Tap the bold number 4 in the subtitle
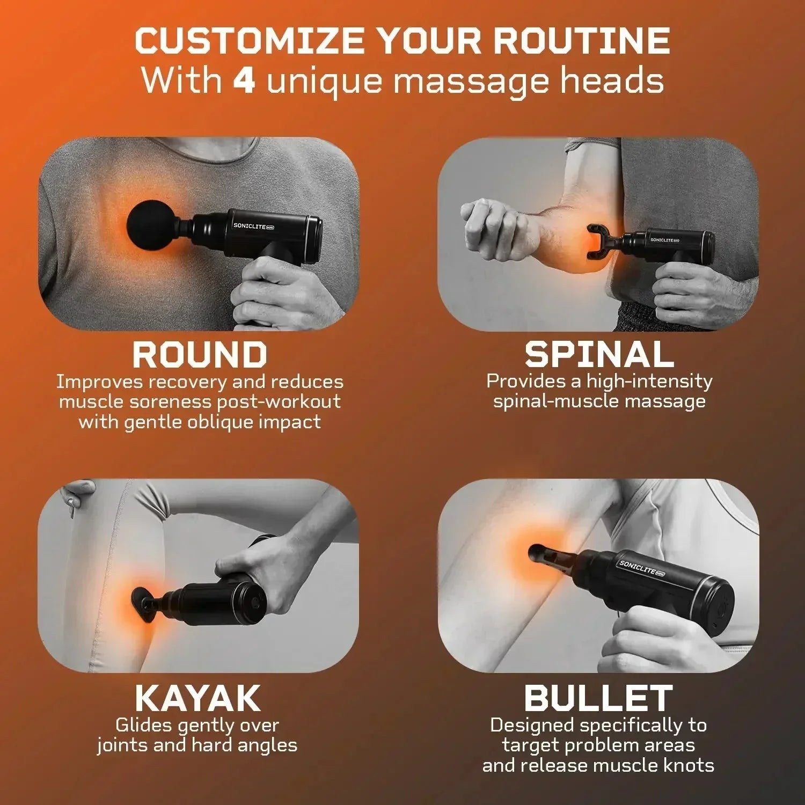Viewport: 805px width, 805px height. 244,81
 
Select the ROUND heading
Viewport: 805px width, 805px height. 200,355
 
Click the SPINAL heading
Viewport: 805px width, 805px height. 599,355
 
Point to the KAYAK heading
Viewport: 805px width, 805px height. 197,698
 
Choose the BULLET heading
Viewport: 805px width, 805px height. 598,698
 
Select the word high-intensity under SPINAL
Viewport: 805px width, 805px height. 649,381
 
